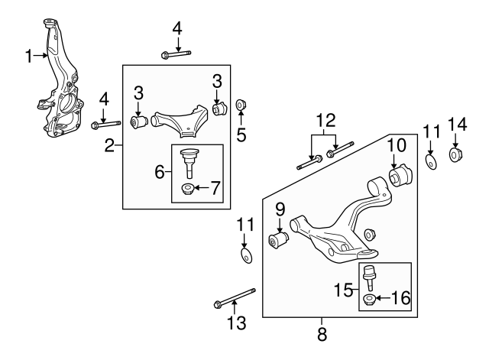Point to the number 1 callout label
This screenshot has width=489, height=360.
28,55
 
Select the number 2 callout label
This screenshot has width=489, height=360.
109,144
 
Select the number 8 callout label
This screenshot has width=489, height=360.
321,333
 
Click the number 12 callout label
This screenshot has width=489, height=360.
326,120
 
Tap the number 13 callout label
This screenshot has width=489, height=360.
236,324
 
